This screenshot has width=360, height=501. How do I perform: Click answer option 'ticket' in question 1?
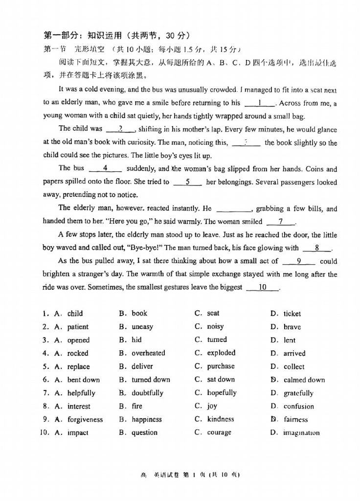coord(292,314)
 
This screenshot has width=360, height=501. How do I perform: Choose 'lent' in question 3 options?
coord(289,340)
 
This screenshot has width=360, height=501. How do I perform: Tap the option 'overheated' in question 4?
coord(148,353)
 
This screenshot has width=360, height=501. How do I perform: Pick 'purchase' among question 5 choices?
coord(221,366)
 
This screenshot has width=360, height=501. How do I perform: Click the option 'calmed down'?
coord(304,380)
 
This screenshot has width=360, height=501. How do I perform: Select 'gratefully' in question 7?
coord(298,393)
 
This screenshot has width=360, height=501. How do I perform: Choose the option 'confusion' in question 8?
coord(298,406)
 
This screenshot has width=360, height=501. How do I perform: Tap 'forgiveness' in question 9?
coord(85,419)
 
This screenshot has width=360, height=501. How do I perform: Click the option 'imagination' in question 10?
coord(301,433)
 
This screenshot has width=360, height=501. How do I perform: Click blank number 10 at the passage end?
coord(262,288)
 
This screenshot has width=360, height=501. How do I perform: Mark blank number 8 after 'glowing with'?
coord(317,248)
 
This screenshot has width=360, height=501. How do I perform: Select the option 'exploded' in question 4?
coord(221,353)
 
